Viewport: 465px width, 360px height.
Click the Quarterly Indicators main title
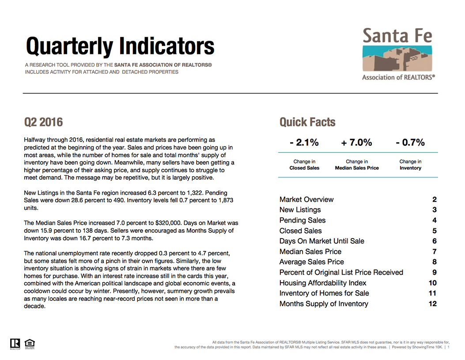pos(120,46)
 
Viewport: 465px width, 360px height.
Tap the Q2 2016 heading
pos(44,122)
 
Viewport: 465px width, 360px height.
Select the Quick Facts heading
pos(307,122)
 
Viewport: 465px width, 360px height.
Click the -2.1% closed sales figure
pos(304,143)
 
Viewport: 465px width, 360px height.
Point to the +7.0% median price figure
pos(356,143)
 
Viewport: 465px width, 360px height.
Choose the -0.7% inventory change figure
pos(410,143)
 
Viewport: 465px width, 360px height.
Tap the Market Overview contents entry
pos(306,200)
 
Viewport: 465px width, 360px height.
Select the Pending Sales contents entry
pos(302,220)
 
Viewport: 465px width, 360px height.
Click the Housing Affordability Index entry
pos(323,283)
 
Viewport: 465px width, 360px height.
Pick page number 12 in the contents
pos(433,303)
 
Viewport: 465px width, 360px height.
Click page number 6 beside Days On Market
pos(435,241)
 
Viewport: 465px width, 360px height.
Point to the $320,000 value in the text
pos(168,223)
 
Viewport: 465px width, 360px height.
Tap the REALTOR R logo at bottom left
pos(15,344)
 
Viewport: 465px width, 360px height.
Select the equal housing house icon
pos(30,344)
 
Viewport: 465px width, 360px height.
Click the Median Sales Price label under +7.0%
pos(357,168)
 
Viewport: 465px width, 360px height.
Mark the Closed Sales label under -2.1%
pos(304,168)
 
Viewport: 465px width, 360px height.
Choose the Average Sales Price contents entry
pos(312,262)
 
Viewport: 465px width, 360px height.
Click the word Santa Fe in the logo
pos(397,36)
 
